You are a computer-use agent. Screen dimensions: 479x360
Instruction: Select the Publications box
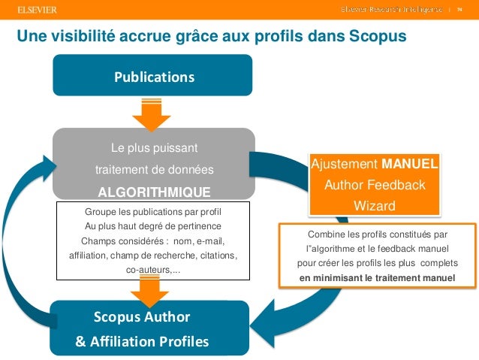pos(152,77)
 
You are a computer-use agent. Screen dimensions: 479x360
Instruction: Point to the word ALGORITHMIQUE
pos(154,191)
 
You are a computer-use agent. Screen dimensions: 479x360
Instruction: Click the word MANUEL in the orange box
pos(410,164)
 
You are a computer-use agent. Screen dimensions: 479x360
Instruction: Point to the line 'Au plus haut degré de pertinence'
pos(153,226)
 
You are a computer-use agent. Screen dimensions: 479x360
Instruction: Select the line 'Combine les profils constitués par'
pos(378,234)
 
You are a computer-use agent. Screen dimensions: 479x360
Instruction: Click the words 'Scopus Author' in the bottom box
pos(142,316)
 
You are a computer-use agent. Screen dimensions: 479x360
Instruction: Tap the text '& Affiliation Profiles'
pos(143,342)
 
